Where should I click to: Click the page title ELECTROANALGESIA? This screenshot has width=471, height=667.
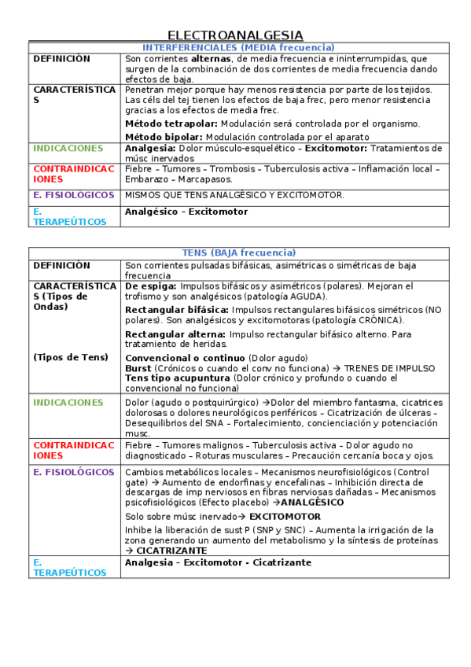(x=235, y=35)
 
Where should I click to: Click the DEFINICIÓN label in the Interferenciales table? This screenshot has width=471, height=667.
(x=61, y=59)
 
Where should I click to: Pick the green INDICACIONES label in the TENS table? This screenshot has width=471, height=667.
(x=68, y=403)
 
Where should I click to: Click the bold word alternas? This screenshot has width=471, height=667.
(x=211, y=59)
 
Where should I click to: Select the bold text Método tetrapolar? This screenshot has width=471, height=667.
(x=171, y=124)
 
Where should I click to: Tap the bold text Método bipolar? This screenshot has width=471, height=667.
(x=164, y=137)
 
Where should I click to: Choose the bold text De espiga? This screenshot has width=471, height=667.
(x=151, y=286)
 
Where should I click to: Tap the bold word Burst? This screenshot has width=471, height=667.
(x=138, y=368)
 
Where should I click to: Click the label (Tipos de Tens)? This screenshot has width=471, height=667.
(x=71, y=357)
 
